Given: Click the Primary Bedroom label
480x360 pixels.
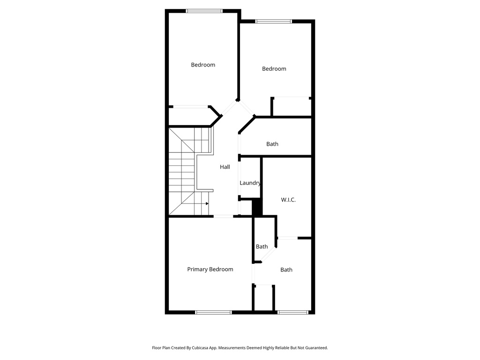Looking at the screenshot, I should [x=210, y=269].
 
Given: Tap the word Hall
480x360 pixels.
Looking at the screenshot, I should [x=225, y=167].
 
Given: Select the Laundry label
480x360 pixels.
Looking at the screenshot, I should [x=250, y=183].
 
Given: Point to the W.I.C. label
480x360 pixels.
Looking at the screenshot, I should [x=288, y=200].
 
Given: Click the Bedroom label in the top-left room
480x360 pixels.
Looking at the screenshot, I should [x=203, y=65].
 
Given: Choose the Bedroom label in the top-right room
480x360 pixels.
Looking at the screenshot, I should [x=274, y=69].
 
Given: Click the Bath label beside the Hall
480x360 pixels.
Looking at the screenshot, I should [x=272, y=144].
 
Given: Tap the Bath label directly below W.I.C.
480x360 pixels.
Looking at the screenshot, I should [x=286, y=270].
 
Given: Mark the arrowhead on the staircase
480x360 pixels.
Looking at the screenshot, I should [x=207, y=203].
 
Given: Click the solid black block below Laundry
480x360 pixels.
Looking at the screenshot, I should [x=256, y=207].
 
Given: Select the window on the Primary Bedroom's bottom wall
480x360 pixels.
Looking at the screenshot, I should [x=213, y=312].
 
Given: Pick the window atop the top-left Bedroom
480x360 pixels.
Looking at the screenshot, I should [x=204, y=11].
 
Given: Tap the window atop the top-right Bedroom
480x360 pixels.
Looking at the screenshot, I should [x=274, y=21].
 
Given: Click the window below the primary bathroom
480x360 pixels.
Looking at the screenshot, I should [x=292, y=312].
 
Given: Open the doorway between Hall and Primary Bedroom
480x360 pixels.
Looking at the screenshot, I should [x=224, y=216].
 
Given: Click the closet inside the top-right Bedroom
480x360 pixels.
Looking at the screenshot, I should [x=292, y=107].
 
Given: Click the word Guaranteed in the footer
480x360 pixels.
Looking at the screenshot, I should [x=315, y=348].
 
